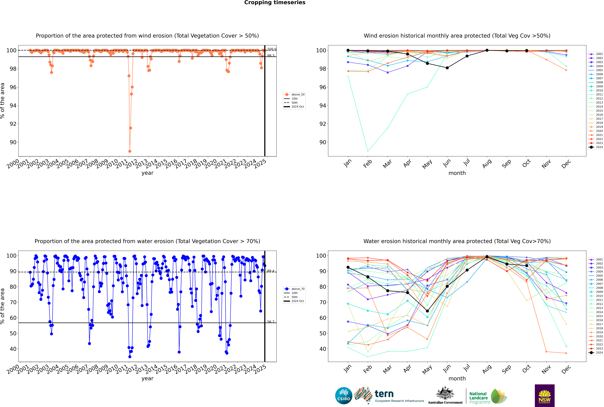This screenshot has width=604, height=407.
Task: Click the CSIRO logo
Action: click(x=344, y=396)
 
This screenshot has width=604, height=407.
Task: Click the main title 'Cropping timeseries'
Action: click(x=275, y=3)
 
